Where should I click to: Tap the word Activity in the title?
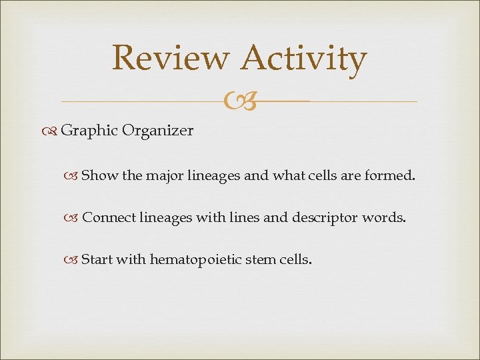[x=304, y=59]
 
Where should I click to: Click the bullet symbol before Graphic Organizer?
[x=52, y=131]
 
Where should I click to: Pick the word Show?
[x=100, y=177]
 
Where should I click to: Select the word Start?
[x=97, y=259]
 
